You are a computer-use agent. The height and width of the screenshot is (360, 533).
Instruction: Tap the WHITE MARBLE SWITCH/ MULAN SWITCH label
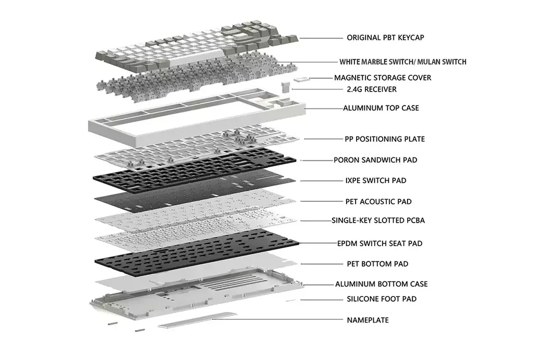tap(402, 62)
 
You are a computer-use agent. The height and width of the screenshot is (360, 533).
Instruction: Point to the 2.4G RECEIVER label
tap(371, 89)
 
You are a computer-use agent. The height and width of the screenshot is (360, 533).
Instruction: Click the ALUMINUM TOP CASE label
tap(380, 108)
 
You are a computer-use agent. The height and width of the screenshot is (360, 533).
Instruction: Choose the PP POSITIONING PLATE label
tap(384, 139)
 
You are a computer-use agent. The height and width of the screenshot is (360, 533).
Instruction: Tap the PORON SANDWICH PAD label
tap(375, 160)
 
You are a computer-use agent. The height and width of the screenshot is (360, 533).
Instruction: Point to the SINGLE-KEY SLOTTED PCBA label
tap(378, 221)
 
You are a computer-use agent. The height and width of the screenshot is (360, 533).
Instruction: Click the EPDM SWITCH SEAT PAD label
tap(379, 243)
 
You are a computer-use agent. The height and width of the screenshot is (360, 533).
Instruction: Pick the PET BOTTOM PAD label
tap(377, 264)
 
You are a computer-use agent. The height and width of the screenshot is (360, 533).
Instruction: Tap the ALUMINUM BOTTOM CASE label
tap(382, 285)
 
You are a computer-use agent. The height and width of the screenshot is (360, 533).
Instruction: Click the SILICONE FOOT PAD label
tap(382, 299)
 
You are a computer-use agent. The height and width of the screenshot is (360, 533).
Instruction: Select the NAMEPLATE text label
tap(367, 320)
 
